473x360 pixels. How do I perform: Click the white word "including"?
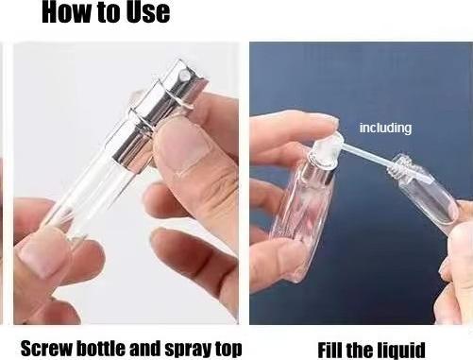(385, 128)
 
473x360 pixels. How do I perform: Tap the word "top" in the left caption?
(228, 350)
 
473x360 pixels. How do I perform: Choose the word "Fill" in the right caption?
(329, 350)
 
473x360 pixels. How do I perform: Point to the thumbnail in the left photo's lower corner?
(41, 252)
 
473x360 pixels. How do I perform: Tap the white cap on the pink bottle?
(326, 148)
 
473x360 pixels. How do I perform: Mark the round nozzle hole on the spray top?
(184, 75)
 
